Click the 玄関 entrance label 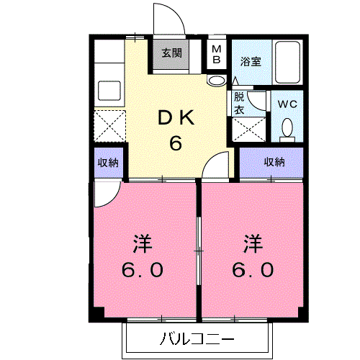point(172,53)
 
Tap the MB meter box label point(217,55)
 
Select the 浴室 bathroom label point(251,61)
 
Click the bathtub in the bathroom point(287,63)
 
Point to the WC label point(287,104)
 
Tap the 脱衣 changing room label point(239,103)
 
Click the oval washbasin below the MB point(217,81)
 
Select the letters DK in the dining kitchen point(176,117)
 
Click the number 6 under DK point(176,143)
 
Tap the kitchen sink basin point(109,91)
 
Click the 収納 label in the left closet point(108,163)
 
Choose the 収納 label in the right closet point(274,162)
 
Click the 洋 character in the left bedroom point(143,243)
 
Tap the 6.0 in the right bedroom point(253,269)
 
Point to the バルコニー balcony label point(197,339)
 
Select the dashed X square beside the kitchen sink point(109,126)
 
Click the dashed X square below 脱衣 point(249,130)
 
